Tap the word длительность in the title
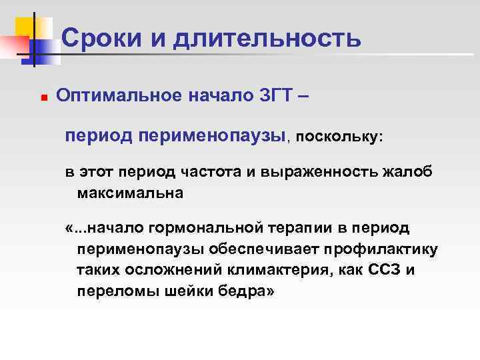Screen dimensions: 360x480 click(x=267, y=39)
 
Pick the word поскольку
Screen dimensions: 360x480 click(x=339, y=136)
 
